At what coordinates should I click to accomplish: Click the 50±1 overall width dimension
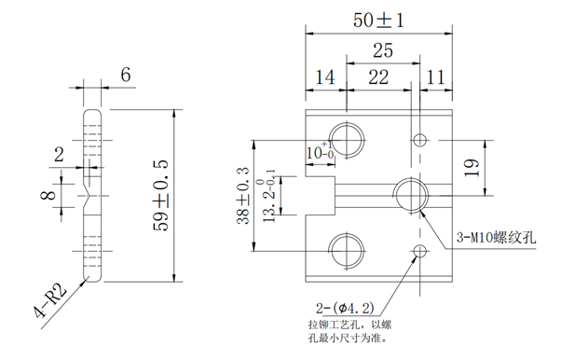click(x=378, y=20)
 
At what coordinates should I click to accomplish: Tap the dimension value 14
click(x=325, y=78)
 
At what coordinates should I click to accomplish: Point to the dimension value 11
click(x=435, y=78)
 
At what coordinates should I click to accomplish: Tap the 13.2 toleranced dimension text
click(x=269, y=197)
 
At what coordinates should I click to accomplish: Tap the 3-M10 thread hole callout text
click(x=498, y=238)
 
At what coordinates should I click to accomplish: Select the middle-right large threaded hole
click(x=409, y=195)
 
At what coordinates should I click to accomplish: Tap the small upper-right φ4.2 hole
click(x=420, y=140)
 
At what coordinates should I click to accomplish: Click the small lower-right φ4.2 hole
click(x=420, y=252)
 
